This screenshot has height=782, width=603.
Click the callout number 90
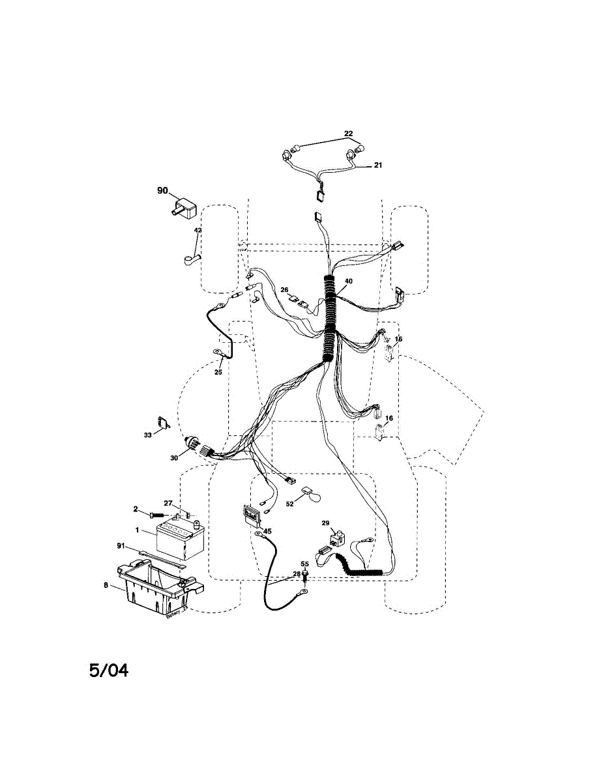tap(162, 190)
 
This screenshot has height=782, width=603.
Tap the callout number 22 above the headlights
tap(348, 134)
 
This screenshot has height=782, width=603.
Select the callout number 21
tap(377, 166)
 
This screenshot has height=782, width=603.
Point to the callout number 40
tap(349, 281)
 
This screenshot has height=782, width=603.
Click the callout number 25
tap(218, 372)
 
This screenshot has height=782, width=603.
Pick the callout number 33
tap(147, 435)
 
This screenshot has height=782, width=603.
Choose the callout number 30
tap(174, 458)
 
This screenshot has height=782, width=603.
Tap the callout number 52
tap(290, 504)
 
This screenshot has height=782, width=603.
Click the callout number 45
tap(267, 531)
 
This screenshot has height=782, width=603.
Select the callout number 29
tap(326, 523)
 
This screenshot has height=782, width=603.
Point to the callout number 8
tap(106, 586)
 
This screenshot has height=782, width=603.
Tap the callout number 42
tap(198, 231)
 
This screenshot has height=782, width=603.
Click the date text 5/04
tap(109, 670)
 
